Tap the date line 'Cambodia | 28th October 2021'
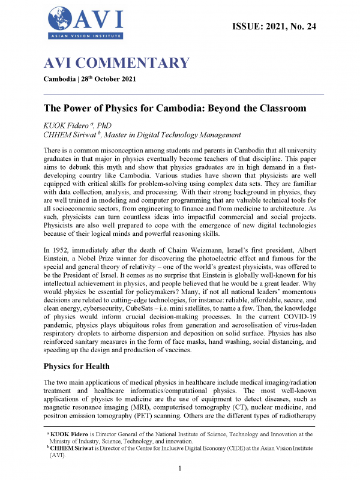coord(92,80)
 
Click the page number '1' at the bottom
coord(181,468)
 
